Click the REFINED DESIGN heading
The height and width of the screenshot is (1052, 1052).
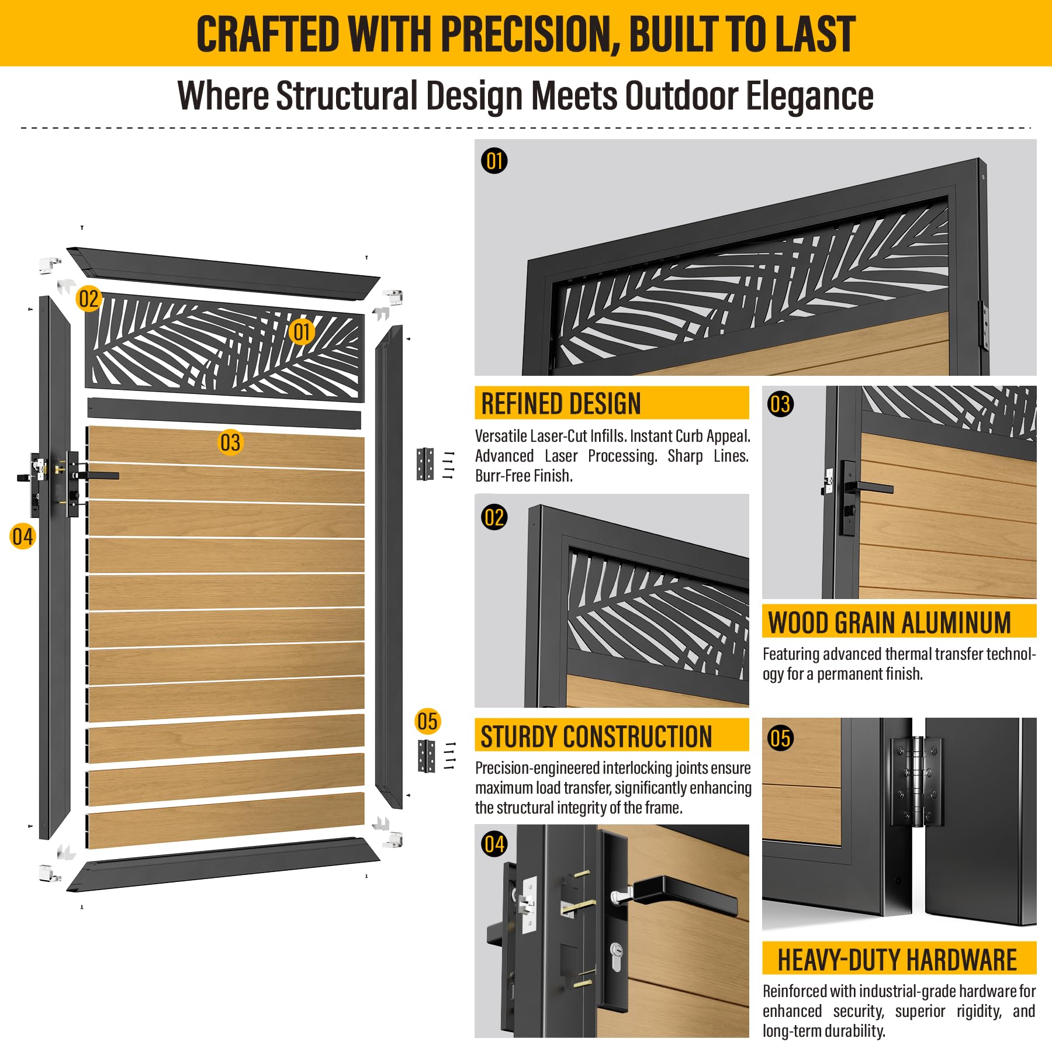coord(561,404)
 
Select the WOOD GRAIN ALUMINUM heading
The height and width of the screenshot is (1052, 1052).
coord(890,622)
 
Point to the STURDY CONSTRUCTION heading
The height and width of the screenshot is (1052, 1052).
coord(596,736)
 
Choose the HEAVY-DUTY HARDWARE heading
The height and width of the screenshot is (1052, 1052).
coord(897,960)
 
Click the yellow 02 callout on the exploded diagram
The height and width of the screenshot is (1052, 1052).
coord(89,299)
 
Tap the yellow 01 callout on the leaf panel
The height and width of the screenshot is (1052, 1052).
coord(302,332)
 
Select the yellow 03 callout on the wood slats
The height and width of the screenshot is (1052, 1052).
coord(230,442)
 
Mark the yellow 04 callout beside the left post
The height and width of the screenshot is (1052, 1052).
coord(22,537)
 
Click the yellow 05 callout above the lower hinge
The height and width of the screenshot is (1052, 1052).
coord(427,721)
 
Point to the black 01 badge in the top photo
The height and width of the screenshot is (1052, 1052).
coord(494,161)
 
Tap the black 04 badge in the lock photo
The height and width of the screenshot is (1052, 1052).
coord(494,844)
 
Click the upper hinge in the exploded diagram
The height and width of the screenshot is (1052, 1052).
coord(425,464)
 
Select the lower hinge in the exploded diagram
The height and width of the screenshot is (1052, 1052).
coord(427,756)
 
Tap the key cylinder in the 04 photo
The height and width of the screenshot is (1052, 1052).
coord(615,957)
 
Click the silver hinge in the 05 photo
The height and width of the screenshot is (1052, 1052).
coord(916,782)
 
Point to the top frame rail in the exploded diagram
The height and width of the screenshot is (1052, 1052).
coord(223,273)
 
